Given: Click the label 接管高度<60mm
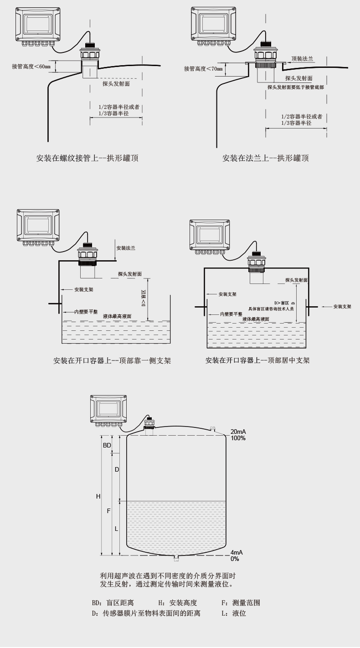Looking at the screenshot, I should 31,67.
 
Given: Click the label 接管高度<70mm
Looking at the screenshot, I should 203,69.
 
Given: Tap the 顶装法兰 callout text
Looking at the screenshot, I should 303,58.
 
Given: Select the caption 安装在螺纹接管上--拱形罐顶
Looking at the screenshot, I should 87,158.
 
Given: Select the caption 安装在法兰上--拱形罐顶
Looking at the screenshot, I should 266,158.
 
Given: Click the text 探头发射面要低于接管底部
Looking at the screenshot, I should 296,87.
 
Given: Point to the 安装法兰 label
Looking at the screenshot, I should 126,248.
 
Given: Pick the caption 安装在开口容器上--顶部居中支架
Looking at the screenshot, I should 257,360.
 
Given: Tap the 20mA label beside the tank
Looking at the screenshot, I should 238,432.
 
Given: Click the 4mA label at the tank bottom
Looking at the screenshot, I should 237,552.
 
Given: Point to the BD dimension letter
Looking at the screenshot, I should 107,445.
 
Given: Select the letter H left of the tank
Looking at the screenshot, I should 98,496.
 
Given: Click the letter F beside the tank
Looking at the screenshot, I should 108,511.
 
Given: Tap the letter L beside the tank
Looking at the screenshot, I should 117,529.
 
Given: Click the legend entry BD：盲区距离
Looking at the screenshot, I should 113,602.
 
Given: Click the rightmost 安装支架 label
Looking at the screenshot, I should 342,307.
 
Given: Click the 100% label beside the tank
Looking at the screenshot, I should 238,438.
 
